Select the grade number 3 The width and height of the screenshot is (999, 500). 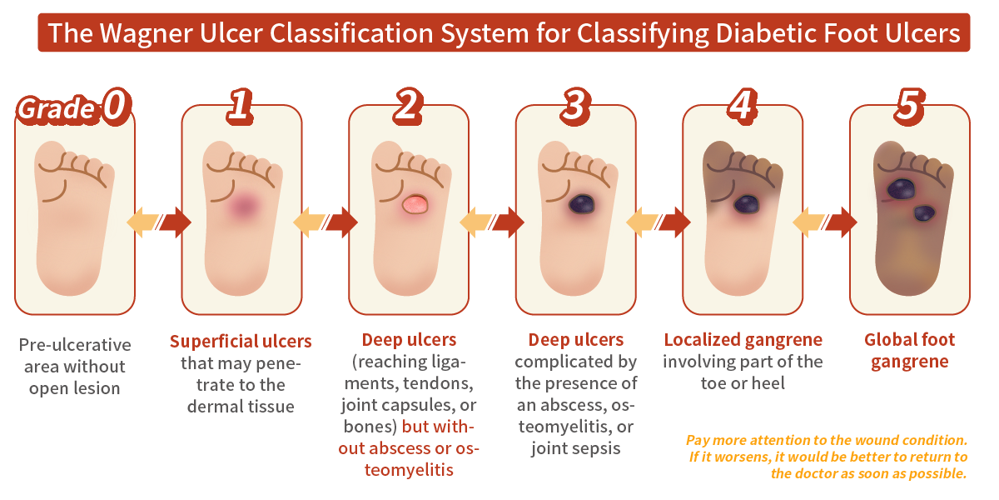point(574,106)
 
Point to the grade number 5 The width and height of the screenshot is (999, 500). point(908,106)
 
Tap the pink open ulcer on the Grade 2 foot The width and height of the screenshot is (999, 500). point(415,204)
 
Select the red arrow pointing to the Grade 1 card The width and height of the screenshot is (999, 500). point(175,222)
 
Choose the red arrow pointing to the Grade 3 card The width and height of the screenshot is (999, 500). point(508,222)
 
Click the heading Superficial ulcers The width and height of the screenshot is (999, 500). point(241,341)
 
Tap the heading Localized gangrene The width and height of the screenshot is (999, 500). point(743,340)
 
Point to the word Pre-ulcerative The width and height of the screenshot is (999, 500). point(75,345)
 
